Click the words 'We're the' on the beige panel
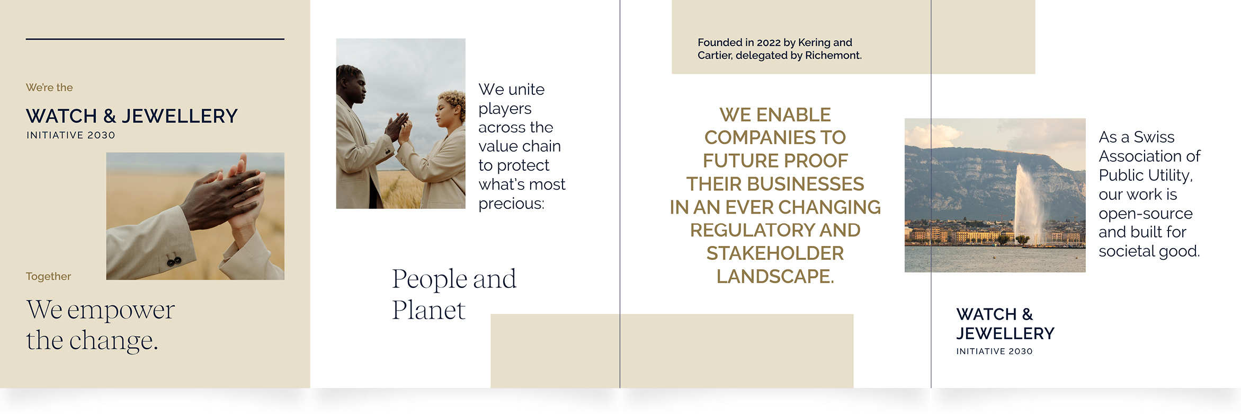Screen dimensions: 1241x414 click(49, 87)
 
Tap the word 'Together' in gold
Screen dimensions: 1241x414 click(48, 276)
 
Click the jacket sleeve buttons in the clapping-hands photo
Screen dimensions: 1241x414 click(174, 260)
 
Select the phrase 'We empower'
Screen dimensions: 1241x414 click(101, 310)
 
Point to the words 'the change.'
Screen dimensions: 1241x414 click(92, 340)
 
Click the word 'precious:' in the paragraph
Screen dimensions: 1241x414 click(511, 204)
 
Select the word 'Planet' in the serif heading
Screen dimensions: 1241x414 click(428, 310)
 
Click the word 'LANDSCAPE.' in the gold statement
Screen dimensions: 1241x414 click(775, 276)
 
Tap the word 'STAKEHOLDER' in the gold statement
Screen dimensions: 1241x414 click(775, 253)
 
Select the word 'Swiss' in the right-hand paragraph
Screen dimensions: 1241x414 click(1154, 137)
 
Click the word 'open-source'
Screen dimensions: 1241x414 click(1146, 214)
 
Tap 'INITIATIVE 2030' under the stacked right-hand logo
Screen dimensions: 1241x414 click(994, 351)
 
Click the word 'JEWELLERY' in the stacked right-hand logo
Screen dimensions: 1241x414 click(1005, 333)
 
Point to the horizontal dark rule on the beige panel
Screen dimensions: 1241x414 click(155, 39)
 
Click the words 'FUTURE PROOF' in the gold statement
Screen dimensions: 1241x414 click(775, 161)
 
